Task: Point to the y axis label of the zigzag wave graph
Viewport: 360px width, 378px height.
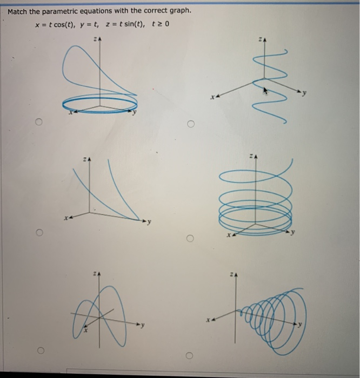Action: pyautogui.click(x=311, y=94)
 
